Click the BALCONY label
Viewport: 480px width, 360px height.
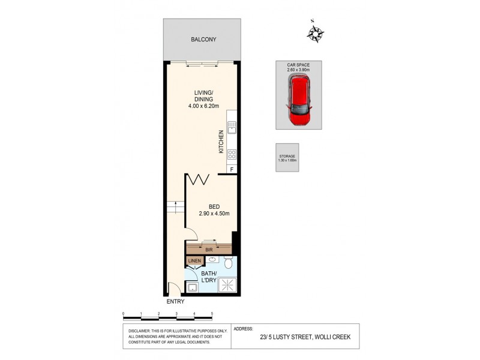[x=203, y=40]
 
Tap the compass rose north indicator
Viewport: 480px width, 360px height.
[x=315, y=32]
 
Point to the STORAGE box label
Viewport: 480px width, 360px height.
[x=287, y=157]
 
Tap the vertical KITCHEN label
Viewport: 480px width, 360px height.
[x=221, y=142]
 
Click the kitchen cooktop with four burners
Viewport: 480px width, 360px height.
[x=232, y=154]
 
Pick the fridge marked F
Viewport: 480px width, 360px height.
[x=232, y=170]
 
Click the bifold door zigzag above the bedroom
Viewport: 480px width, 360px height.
[x=199, y=180]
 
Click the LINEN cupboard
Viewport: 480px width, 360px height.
[x=194, y=261]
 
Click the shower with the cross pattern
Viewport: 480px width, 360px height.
[x=227, y=284]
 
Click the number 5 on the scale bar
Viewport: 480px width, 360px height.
[x=212, y=314]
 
